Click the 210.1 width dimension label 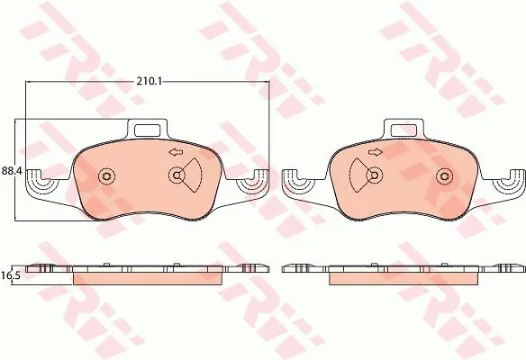(149, 81)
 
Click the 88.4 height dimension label (12, 171)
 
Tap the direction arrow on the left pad (176, 152)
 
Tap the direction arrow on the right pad (376, 152)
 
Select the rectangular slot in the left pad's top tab (148, 130)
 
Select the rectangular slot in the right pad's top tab (404, 130)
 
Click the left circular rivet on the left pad (106, 175)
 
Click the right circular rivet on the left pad (177, 175)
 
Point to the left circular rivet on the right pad (375, 175)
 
